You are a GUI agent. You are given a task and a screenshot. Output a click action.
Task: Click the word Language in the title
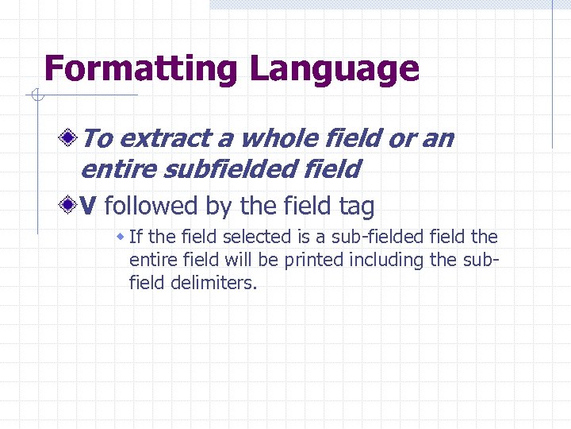click(x=334, y=69)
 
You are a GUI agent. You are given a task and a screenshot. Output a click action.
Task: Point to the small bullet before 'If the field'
click(x=121, y=237)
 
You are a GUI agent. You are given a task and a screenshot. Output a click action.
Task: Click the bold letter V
click(x=89, y=207)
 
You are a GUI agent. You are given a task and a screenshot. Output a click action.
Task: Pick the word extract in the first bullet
click(x=166, y=139)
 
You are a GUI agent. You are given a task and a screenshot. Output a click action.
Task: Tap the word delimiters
click(x=213, y=283)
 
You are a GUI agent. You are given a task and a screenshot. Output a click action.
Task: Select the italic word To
click(x=98, y=139)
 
